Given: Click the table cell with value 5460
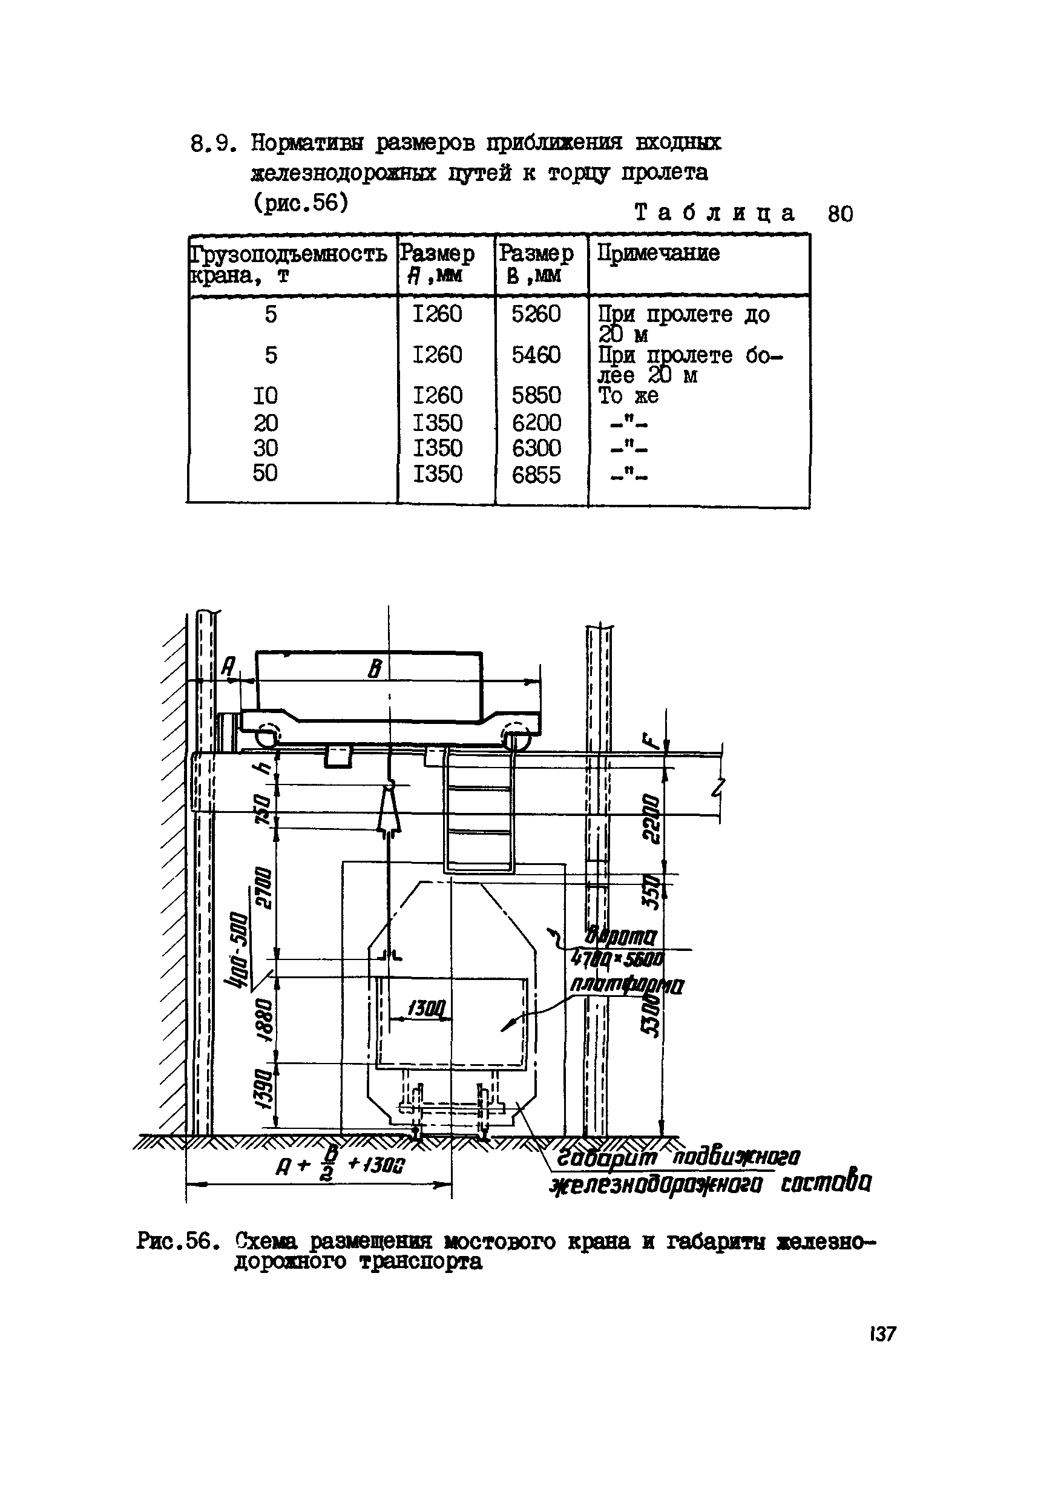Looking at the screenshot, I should (x=536, y=355).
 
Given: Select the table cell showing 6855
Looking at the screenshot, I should (x=536, y=475).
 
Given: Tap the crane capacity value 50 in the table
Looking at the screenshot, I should (x=265, y=473).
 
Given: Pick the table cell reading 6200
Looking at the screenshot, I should (x=536, y=423).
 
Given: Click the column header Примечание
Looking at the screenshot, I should (x=658, y=254).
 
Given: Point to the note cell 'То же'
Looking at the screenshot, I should (x=628, y=395).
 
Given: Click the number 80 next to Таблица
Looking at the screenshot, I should (x=841, y=214).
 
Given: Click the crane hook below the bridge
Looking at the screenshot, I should (x=389, y=809).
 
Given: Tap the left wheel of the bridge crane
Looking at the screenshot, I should (x=266, y=737).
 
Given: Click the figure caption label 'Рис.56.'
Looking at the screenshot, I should (x=176, y=1241).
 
